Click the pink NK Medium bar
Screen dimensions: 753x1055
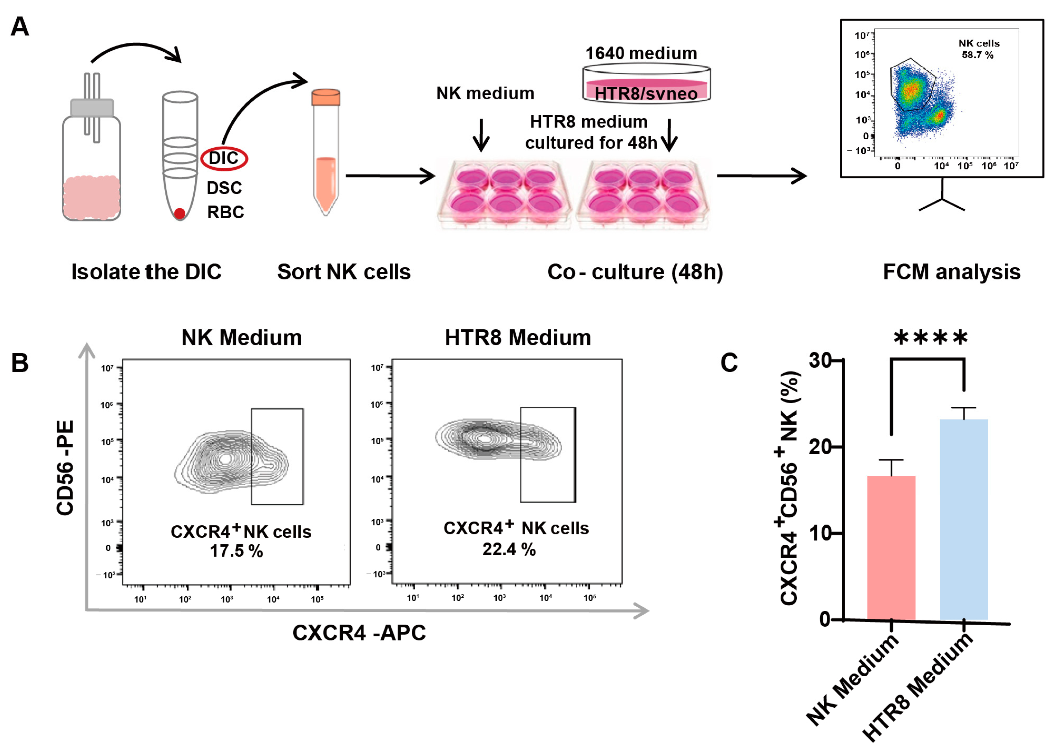click(891, 547)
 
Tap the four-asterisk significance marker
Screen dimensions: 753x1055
click(930, 338)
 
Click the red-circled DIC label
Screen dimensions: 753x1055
click(224, 158)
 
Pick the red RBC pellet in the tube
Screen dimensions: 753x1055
click(180, 213)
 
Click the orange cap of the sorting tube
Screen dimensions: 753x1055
click(326, 97)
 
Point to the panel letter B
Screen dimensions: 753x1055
click(20, 363)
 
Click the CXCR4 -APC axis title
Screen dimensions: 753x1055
click(359, 632)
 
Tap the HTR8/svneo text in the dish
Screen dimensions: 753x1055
click(646, 94)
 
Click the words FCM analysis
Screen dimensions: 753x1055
click(951, 272)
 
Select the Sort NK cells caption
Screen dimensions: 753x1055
click(343, 272)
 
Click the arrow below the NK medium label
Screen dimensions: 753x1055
click(481, 135)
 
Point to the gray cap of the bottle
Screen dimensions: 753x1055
click(92, 108)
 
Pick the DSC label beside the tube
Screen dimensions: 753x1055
click(224, 188)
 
